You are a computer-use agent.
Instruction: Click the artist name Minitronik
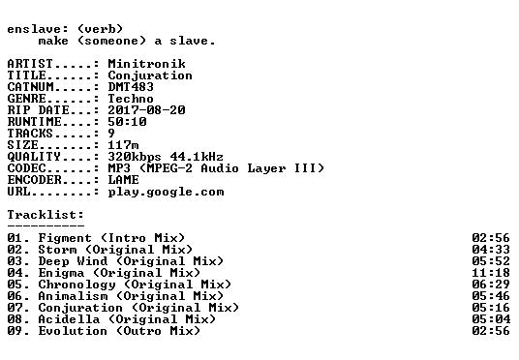click(x=146, y=64)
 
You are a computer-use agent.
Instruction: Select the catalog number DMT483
click(x=131, y=87)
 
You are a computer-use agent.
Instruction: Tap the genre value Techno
click(x=131, y=99)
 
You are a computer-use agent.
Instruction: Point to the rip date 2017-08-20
click(x=146, y=110)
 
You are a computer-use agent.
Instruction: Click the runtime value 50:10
click(x=127, y=121)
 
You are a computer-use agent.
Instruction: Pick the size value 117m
click(x=124, y=145)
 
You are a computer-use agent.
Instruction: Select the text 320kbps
click(x=135, y=157)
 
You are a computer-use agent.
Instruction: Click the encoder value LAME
click(x=124, y=180)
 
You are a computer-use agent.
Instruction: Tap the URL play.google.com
click(x=167, y=193)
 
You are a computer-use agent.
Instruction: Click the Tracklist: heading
click(x=46, y=215)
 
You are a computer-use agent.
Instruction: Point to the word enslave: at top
click(x=38, y=29)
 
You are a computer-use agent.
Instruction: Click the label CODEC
click(x=27, y=168)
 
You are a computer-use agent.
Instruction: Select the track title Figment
click(x=65, y=238)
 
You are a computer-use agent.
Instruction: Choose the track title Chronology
click(x=76, y=285)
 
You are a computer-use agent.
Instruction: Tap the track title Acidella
click(x=69, y=319)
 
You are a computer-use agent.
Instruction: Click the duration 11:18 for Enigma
click(x=491, y=273)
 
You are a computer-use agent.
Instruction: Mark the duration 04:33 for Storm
click(x=491, y=250)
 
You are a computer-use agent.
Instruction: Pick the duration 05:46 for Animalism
click(x=491, y=296)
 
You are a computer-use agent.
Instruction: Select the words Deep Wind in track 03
click(x=74, y=261)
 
